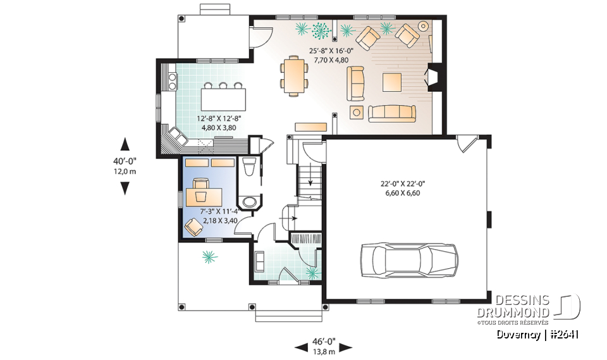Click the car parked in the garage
408,260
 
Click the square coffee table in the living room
392,83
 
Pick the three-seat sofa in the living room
392,113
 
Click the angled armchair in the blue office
194,225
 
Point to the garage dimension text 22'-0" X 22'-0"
402,184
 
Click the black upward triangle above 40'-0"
125,144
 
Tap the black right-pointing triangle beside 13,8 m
346,347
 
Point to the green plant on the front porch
208,256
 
